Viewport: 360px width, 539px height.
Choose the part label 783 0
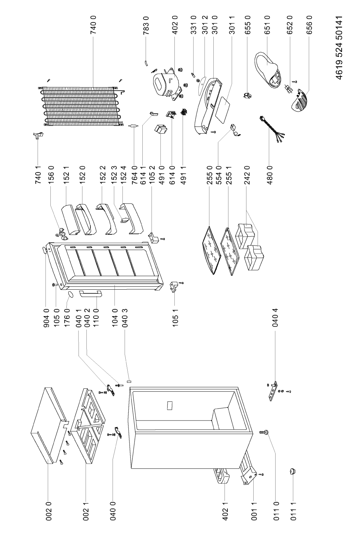146,25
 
